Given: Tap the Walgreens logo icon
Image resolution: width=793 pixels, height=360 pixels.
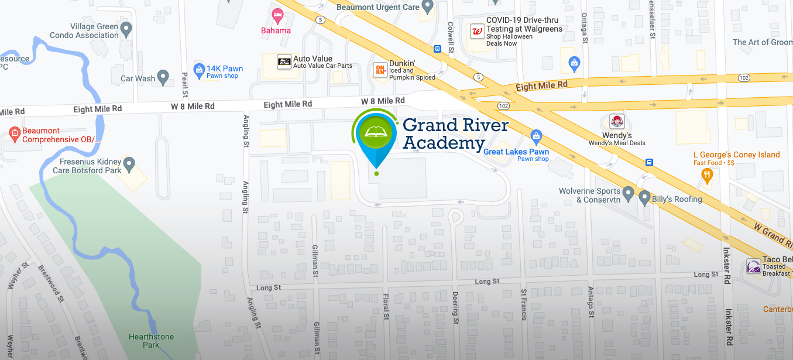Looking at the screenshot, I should pos(478,31).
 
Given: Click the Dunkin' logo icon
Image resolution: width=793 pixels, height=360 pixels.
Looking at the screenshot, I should pos(380,70).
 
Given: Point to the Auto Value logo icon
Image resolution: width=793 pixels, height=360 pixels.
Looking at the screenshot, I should pos(284,61).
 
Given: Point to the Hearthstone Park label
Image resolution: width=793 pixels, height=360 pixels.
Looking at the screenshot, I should pos(151,341).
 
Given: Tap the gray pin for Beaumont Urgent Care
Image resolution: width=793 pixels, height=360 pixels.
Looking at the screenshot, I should pos(428,6).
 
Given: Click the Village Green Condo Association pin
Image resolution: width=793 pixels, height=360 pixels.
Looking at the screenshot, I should pos(126,28).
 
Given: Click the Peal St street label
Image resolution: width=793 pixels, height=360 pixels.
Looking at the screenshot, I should pos(184,85).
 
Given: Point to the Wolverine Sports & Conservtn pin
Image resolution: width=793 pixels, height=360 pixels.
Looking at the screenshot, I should pos(628,192).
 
